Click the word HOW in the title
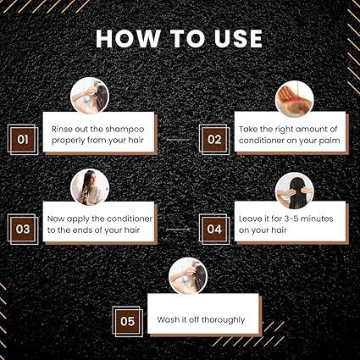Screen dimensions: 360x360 click(x=128, y=38)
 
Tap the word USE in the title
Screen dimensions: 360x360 click(x=238, y=38)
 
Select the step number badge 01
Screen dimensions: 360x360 click(x=23, y=140)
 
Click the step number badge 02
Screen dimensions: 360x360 click(x=214, y=140)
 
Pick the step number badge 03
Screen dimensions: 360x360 click(x=23, y=229)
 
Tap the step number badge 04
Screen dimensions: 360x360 click(x=214, y=229)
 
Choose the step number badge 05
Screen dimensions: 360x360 click(x=127, y=321)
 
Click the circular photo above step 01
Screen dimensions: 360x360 click(x=90, y=97)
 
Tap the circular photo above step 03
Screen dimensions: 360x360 click(x=90, y=186)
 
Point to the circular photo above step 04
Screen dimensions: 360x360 click(x=295, y=191)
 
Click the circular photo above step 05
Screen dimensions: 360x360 click(x=188, y=276)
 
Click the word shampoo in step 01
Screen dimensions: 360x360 click(x=125, y=130)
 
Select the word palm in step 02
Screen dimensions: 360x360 click(x=330, y=141)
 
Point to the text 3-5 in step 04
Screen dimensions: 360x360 click(x=286, y=219)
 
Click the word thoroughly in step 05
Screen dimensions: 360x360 click(x=223, y=320)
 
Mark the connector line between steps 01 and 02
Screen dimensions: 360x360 click(x=178, y=140)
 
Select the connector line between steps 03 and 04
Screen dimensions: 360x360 click(x=178, y=230)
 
